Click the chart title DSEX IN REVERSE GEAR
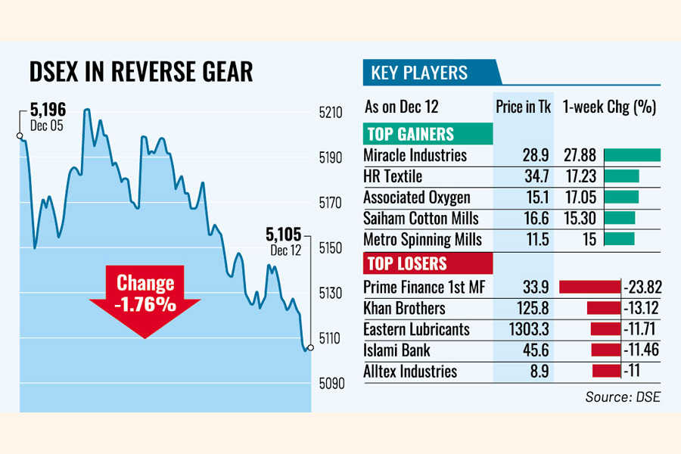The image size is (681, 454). pos(141,72)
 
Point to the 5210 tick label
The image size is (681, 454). pos(331,113)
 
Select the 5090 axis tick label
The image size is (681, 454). pos(331,384)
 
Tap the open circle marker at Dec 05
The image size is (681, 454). pos(20,136)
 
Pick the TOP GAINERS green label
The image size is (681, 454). pos(410,135)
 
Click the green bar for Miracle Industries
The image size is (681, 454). pos(632,155)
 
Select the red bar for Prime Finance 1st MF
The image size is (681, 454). pos(589,287)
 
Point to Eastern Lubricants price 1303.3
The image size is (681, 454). pos(524,329)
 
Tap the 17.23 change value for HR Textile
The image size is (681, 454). pos(580,176)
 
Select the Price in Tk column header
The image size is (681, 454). pos(523,107)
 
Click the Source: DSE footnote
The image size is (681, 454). pos(622,396)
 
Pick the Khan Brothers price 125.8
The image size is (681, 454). pos(524,308)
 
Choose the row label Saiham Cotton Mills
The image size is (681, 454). pos(421,219)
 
